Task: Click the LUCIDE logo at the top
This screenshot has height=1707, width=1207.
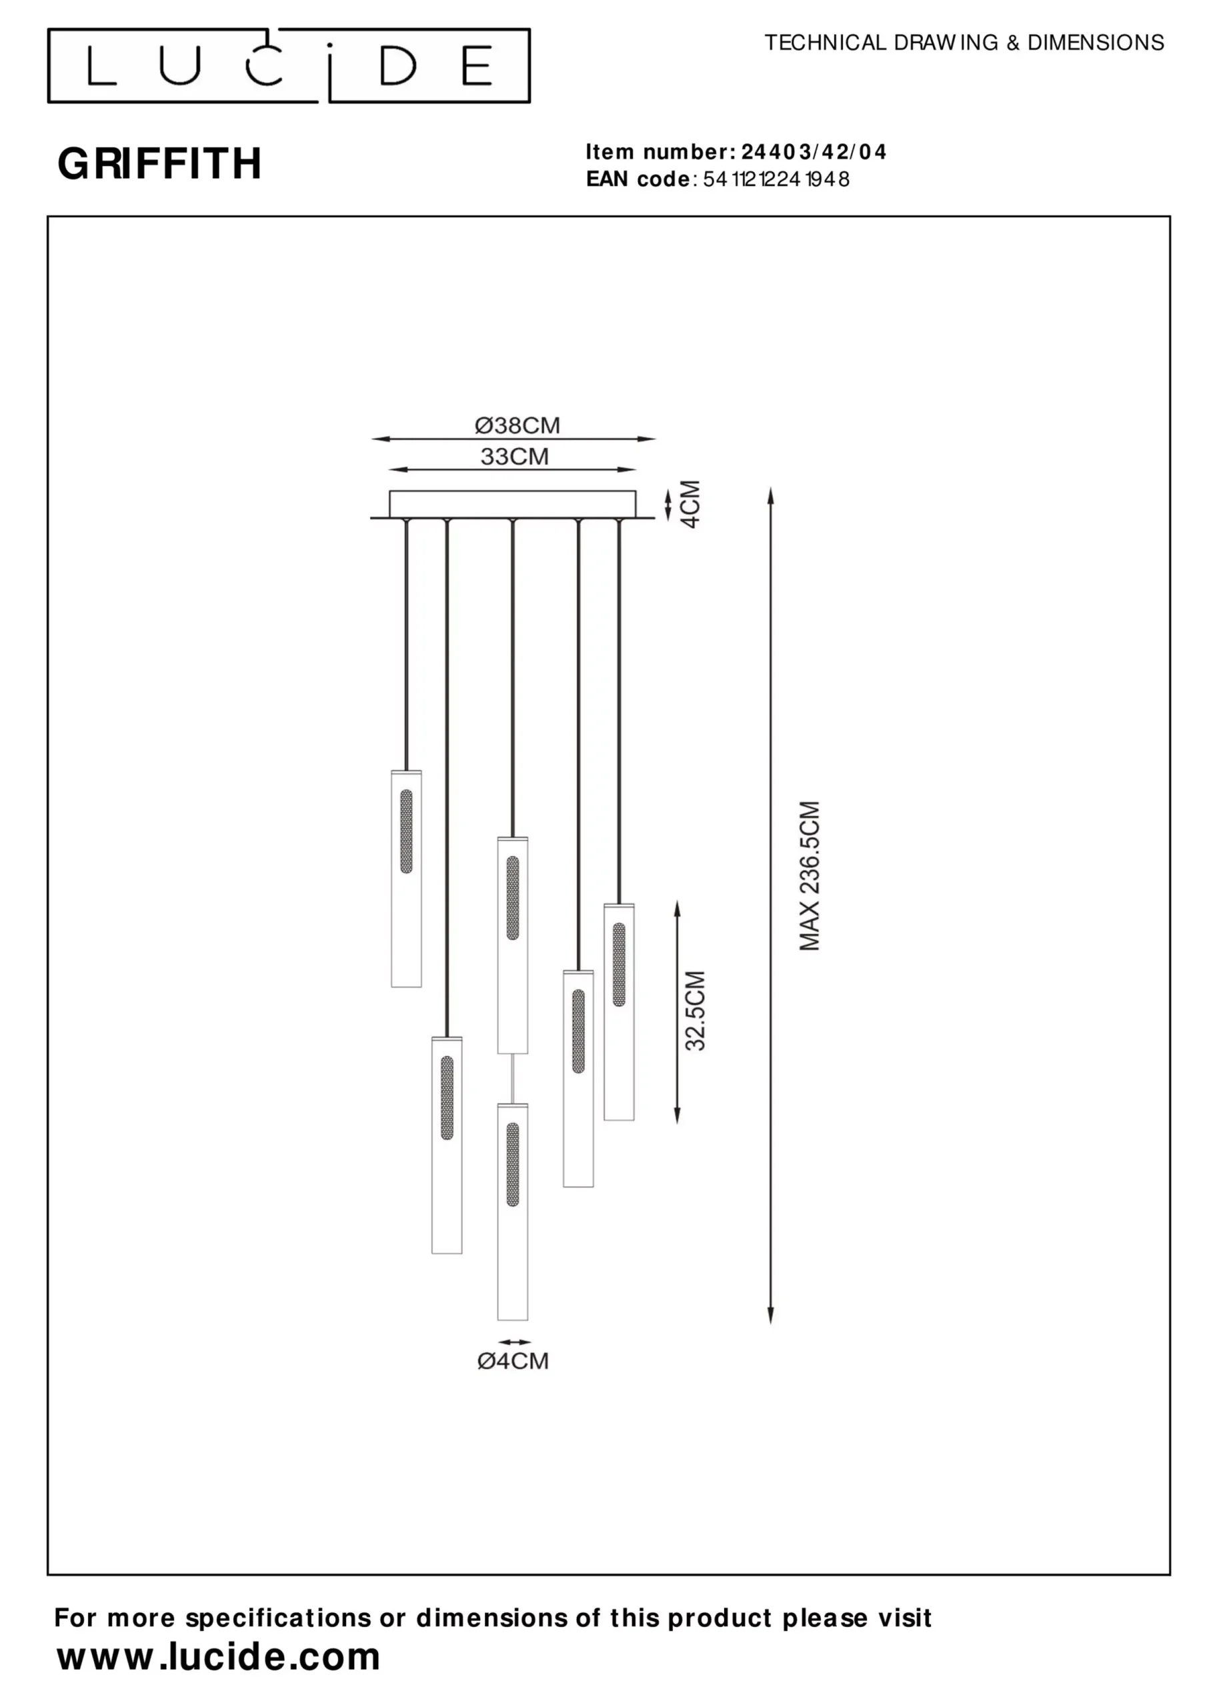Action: [x=289, y=65]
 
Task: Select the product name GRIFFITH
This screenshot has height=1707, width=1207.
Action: [x=159, y=163]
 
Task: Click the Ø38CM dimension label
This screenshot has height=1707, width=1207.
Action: [x=517, y=425]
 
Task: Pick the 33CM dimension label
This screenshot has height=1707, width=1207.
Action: [x=514, y=457]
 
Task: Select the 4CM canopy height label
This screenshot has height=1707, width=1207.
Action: [x=691, y=504]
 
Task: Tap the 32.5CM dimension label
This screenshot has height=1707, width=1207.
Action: [x=695, y=1010]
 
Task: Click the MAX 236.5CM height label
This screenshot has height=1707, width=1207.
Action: [x=809, y=876]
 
